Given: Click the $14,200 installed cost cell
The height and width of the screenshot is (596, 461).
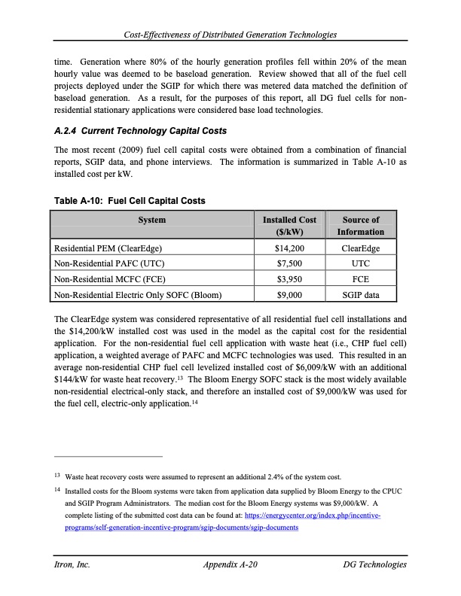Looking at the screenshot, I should pyautogui.click(x=290, y=248).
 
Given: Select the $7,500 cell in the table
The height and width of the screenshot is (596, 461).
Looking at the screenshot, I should pyautogui.click(x=290, y=263).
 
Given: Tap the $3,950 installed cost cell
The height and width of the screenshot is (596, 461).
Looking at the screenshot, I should pyautogui.click(x=290, y=279).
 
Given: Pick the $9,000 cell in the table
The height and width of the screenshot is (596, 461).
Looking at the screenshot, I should pyautogui.click(x=290, y=295).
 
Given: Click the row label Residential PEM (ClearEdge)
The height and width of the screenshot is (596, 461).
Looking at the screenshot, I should pyautogui.click(x=109, y=248).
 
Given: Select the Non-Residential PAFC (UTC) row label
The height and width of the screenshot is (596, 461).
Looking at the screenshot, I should pyautogui.click(x=110, y=263).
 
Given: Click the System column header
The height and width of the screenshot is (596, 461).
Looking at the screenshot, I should pyautogui.click(x=151, y=220).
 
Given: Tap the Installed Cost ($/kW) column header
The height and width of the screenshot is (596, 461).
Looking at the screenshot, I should pyautogui.click(x=290, y=226).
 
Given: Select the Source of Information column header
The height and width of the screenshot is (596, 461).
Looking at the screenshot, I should pyautogui.click(x=361, y=226).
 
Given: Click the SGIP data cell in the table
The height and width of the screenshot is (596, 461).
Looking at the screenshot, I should pyautogui.click(x=361, y=295).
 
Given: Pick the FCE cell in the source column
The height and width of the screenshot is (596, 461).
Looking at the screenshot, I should pyautogui.click(x=361, y=279).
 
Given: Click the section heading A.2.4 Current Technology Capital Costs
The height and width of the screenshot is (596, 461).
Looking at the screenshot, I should pyautogui.click(x=141, y=131).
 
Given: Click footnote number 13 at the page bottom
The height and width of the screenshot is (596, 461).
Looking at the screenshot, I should pyautogui.click(x=57, y=476).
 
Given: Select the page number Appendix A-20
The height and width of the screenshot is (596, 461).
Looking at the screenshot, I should pyautogui.click(x=231, y=564).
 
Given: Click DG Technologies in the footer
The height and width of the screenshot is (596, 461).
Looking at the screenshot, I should pyautogui.click(x=374, y=564).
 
